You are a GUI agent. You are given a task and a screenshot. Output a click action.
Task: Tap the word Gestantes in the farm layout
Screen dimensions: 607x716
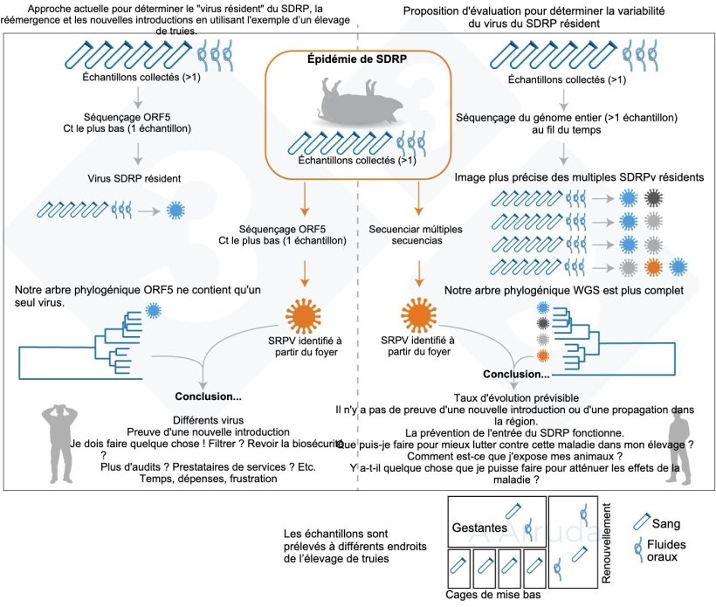480,528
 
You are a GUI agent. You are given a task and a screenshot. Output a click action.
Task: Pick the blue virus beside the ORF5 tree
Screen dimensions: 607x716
155,309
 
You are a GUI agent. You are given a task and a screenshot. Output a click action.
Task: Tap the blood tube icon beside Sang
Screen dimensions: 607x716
644,524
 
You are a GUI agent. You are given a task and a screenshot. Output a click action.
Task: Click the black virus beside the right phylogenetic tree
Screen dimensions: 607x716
544,323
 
